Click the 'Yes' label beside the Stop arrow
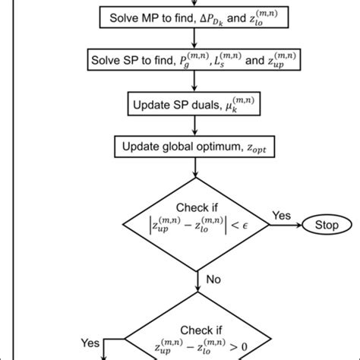click(282, 216)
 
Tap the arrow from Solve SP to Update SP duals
click(197, 80)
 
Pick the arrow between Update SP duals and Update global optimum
click(197, 122)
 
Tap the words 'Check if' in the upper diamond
click(197, 208)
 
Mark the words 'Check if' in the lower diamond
click(197, 331)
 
